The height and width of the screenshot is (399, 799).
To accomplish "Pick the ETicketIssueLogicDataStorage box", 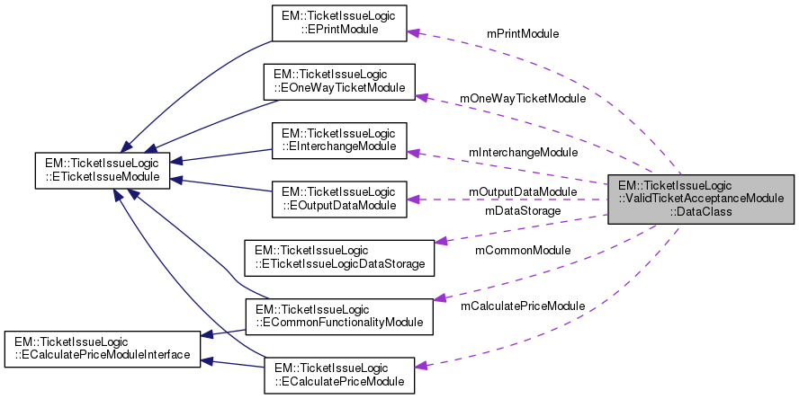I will coord(340,256).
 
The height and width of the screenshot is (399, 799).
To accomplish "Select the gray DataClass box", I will coord(701,199).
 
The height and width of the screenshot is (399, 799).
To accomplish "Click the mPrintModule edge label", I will coord(522,33).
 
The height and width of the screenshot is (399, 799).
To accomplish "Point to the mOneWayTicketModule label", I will coord(522,98).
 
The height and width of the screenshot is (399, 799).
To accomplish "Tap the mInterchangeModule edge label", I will coord(523,153).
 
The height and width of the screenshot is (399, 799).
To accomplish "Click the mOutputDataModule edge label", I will coord(522,192).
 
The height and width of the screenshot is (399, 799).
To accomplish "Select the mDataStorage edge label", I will coord(522,211).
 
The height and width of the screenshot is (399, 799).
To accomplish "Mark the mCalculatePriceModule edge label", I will coord(522,306).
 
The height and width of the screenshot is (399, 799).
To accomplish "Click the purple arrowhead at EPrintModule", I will coord(413,32).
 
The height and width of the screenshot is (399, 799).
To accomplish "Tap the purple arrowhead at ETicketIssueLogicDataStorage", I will coord(441,241).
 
